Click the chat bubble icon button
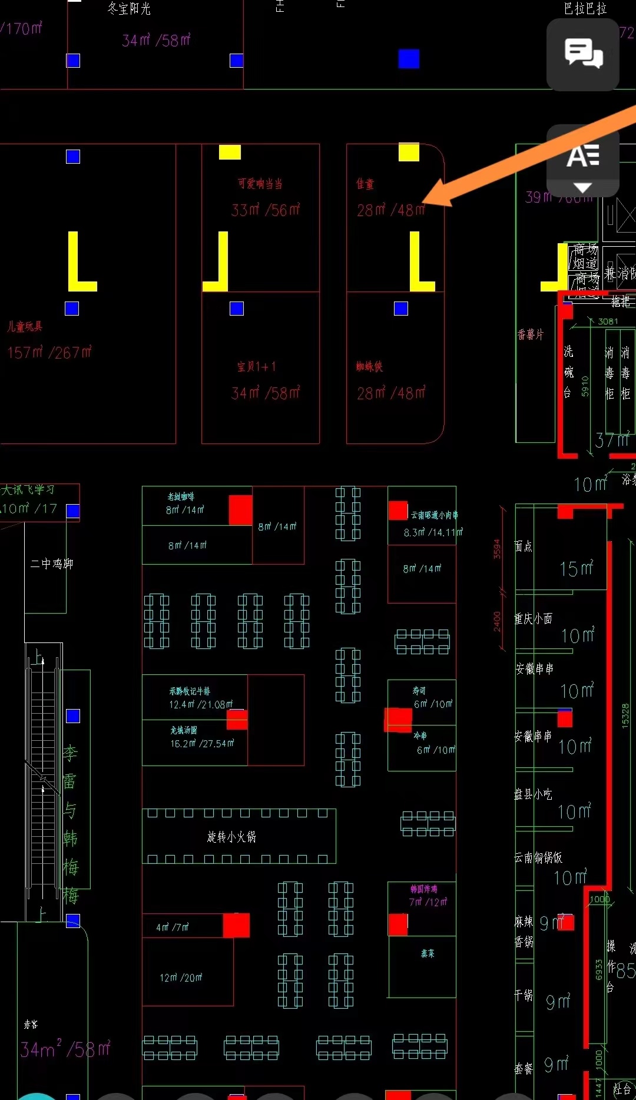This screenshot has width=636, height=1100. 583,54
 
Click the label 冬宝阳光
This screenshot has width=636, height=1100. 129,8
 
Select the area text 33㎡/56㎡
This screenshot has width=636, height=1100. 266,210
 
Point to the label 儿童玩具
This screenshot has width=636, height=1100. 25,326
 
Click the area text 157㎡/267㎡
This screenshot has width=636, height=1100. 49,352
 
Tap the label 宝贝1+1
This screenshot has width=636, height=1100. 257,367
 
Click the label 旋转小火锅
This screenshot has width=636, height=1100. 231,837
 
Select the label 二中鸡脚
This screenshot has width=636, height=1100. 52,564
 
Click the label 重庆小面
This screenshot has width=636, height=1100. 534,619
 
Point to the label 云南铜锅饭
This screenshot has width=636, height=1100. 538,858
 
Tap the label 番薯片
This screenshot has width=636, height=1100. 531,334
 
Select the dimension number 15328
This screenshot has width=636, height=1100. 625,716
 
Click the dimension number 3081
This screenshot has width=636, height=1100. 608,322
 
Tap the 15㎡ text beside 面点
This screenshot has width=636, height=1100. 576,568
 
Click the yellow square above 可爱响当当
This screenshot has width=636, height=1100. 230,153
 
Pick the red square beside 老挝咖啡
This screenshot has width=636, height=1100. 240,509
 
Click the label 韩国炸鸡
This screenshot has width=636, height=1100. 423,889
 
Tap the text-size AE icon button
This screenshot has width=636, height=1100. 583,157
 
